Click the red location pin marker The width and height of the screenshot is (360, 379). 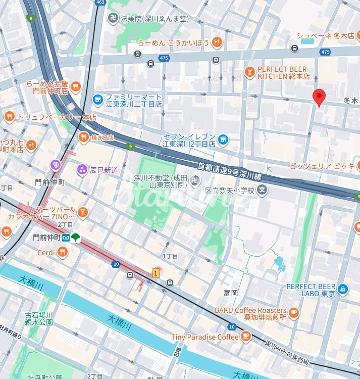point(319,96)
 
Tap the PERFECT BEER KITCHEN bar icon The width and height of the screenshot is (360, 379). point(249,72)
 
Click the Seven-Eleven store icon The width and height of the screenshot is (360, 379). point(223,138)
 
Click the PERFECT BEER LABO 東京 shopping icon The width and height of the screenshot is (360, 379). point(343,289)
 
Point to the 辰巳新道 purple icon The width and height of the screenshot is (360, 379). point(81,170)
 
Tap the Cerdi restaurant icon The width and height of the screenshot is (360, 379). point(63,252)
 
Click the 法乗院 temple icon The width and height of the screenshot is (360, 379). point(113,19)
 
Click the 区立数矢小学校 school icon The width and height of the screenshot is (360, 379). point(262,189)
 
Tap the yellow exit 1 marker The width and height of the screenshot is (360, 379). point(156,273)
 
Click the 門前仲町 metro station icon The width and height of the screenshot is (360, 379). point(65,237)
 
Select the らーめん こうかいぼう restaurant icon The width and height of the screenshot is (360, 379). point(217,42)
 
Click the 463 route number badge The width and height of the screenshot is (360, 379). point(100,3)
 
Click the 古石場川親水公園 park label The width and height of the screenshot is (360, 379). point(39,319)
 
